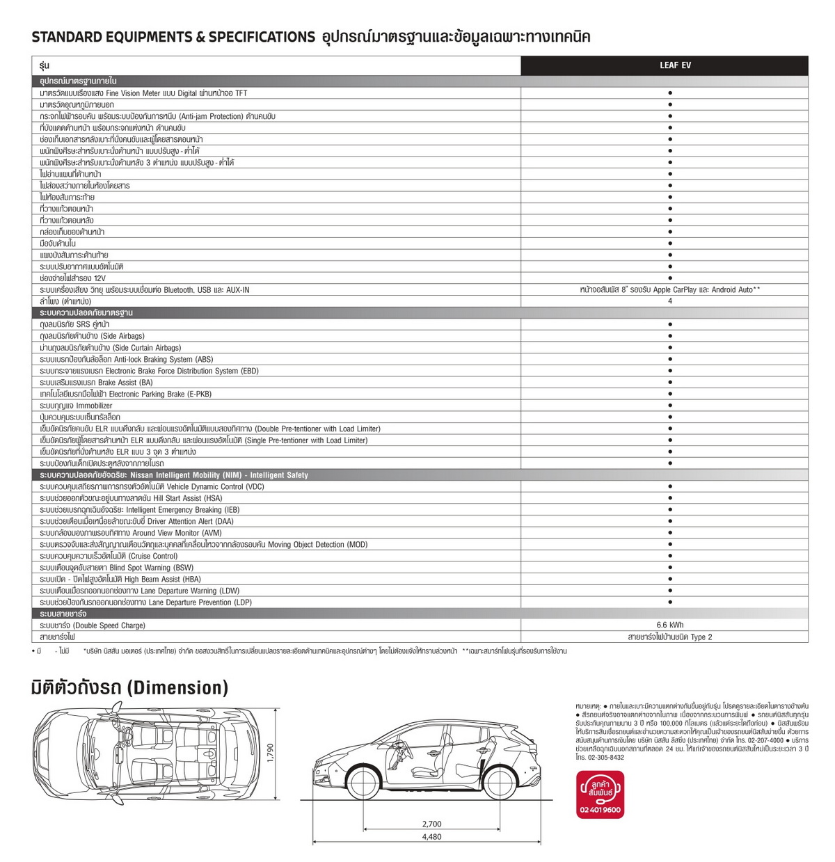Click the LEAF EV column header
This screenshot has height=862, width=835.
[x=675, y=65]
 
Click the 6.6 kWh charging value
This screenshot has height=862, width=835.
[x=670, y=625]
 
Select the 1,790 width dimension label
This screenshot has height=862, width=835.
[x=271, y=753]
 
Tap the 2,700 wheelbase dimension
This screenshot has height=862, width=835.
[x=431, y=824]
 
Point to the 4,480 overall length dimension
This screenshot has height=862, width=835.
[x=431, y=837]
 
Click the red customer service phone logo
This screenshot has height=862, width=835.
[x=600, y=795]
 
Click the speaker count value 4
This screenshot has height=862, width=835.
[x=670, y=301]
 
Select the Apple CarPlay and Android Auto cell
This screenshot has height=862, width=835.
[x=669, y=289]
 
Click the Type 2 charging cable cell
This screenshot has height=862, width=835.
[x=670, y=637]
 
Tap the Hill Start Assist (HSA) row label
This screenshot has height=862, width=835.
[x=131, y=498]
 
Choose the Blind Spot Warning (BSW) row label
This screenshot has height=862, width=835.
[x=117, y=568]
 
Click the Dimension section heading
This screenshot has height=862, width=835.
[x=129, y=687]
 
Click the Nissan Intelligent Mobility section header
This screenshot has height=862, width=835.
[x=174, y=475]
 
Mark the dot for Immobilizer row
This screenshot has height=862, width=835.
[x=670, y=406]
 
